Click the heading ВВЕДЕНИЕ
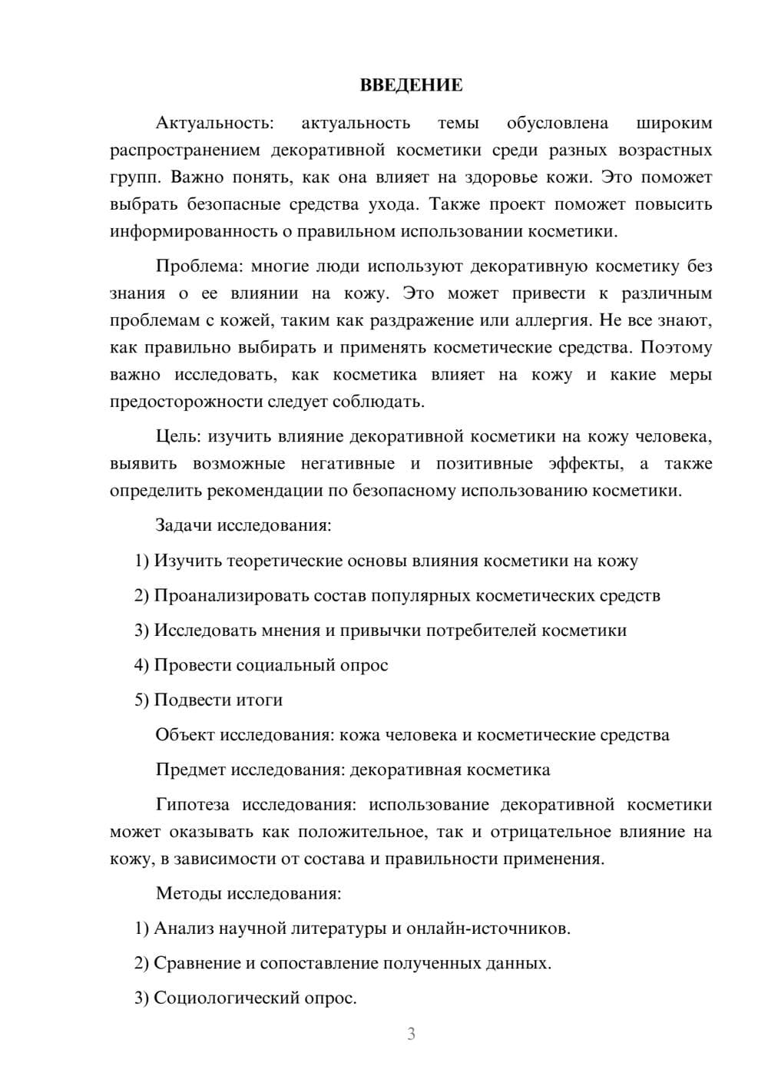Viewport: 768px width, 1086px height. click(x=411, y=85)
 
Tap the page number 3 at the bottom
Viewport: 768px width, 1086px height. click(x=411, y=1034)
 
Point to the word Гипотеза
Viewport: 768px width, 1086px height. click(x=192, y=804)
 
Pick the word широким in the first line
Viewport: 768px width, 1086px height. click(x=674, y=123)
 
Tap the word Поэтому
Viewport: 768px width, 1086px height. click(x=676, y=347)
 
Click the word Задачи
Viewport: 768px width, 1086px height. click(x=184, y=526)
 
